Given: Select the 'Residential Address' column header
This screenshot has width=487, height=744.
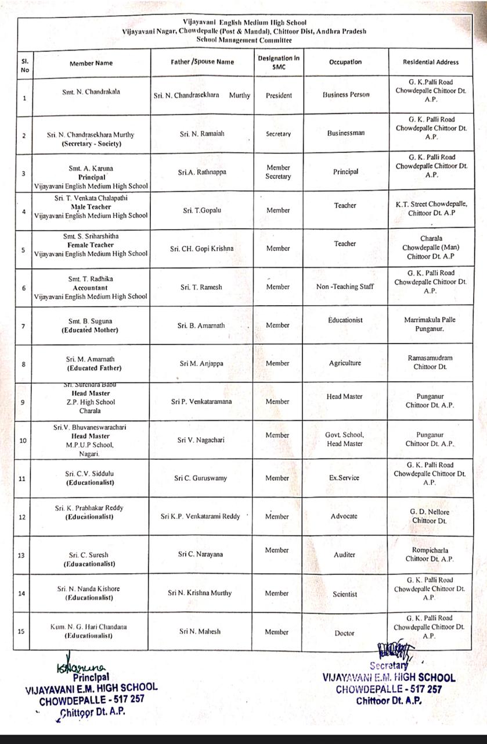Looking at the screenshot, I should click(430, 62).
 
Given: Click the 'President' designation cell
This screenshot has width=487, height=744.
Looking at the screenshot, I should click(279, 95).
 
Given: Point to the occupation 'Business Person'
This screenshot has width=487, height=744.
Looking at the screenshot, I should click(346, 94).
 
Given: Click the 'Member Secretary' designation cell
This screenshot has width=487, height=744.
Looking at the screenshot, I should click(278, 172).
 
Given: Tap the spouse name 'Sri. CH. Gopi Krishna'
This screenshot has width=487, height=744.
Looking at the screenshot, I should click(202, 248).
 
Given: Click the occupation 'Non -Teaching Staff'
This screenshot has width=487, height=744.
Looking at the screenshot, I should click(345, 286).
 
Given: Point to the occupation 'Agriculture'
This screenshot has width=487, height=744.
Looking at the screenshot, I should click(345, 363).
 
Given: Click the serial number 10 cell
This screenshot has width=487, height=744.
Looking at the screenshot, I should click(23, 440).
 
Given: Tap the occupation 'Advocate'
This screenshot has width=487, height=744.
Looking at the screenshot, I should click(344, 516).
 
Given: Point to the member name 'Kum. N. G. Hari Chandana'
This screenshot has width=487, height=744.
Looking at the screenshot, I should click(88, 627).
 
